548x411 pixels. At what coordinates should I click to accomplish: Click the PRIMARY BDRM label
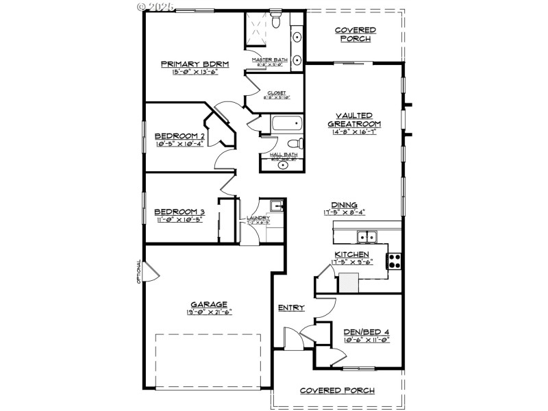[x=195, y=64]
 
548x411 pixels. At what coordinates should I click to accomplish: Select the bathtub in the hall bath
[x=286, y=125]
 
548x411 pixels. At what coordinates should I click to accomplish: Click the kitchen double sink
[x=366, y=238]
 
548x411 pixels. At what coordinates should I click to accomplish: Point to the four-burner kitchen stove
[x=395, y=260]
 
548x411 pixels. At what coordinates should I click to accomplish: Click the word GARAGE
[x=210, y=305]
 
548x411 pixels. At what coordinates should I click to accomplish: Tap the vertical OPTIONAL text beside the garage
[x=138, y=272]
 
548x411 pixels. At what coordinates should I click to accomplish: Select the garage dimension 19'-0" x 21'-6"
[x=210, y=312]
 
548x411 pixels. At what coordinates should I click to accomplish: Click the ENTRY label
[x=291, y=308]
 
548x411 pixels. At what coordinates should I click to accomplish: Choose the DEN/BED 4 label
[x=366, y=332]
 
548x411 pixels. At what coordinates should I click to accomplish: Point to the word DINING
[x=344, y=205]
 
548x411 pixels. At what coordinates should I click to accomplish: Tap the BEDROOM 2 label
[x=179, y=136]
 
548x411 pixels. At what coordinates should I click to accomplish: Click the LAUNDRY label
[x=258, y=218]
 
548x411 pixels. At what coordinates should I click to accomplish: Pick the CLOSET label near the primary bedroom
[x=277, y=92]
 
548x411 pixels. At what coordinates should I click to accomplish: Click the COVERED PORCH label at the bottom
[x=337, y=390]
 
